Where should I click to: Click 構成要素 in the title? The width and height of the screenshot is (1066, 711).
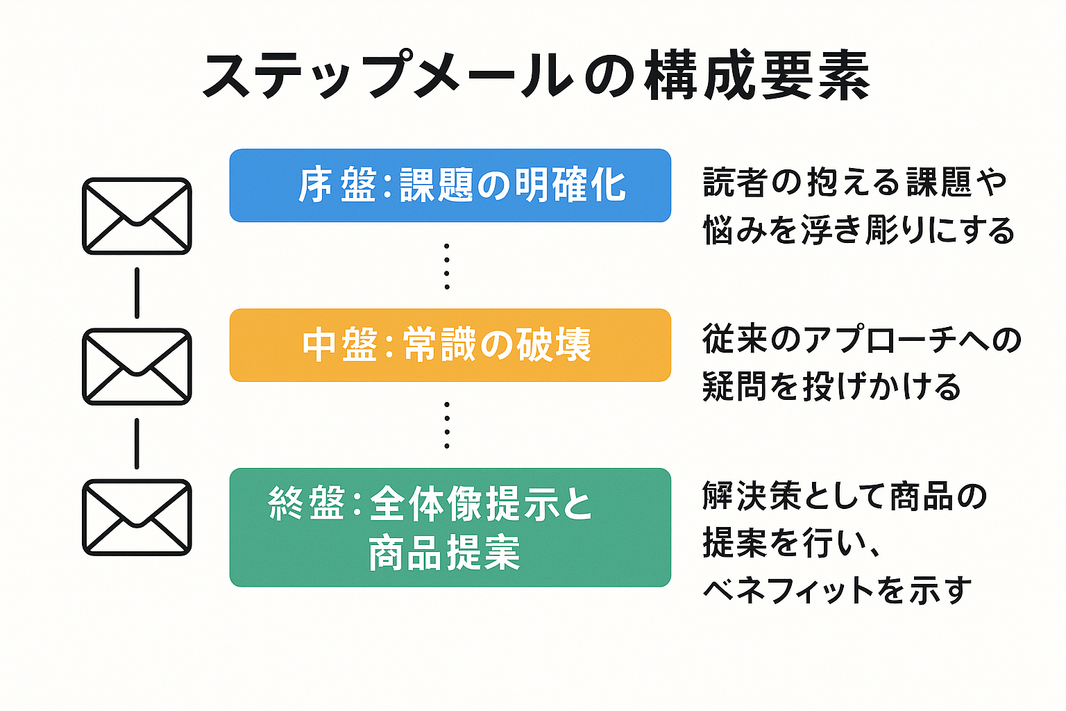[756, 75]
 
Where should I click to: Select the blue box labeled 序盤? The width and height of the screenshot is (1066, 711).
[450, 185]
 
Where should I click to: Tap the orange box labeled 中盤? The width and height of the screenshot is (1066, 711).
[450, 345]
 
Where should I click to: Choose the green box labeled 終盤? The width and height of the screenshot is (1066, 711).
[450, 527]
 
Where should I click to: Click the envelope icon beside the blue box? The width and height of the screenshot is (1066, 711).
[137, 216]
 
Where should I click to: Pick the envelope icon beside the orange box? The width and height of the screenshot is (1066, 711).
[137, 367]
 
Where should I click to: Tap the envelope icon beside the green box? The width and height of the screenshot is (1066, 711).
[137, 517]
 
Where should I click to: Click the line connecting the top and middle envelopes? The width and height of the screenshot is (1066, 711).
[137, 292]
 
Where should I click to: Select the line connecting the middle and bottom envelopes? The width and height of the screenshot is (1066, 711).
[137, 443]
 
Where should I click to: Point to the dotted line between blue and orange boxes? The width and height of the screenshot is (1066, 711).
[446, 266]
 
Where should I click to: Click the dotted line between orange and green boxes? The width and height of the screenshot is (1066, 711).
[446, 424]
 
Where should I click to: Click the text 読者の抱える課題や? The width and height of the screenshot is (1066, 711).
[854, 183]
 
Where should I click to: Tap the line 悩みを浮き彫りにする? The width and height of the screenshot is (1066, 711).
[858, 230]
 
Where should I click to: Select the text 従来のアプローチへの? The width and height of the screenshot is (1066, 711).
[861, 340]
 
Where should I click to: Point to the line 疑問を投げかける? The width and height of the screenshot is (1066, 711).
[831, 387]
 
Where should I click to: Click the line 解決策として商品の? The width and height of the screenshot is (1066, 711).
[844, 496]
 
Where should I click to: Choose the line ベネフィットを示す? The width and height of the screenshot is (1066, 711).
[836, 590]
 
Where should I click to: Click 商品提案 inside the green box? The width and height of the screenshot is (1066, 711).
[444, 553]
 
